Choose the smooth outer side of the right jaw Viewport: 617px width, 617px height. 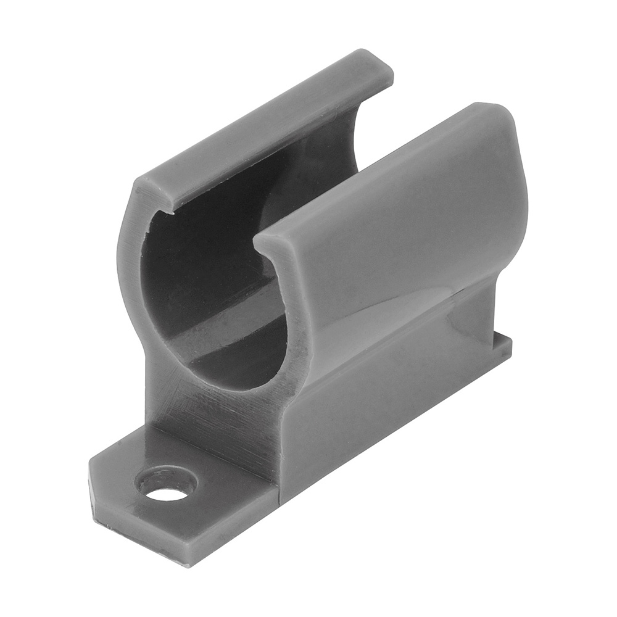(407, 247)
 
